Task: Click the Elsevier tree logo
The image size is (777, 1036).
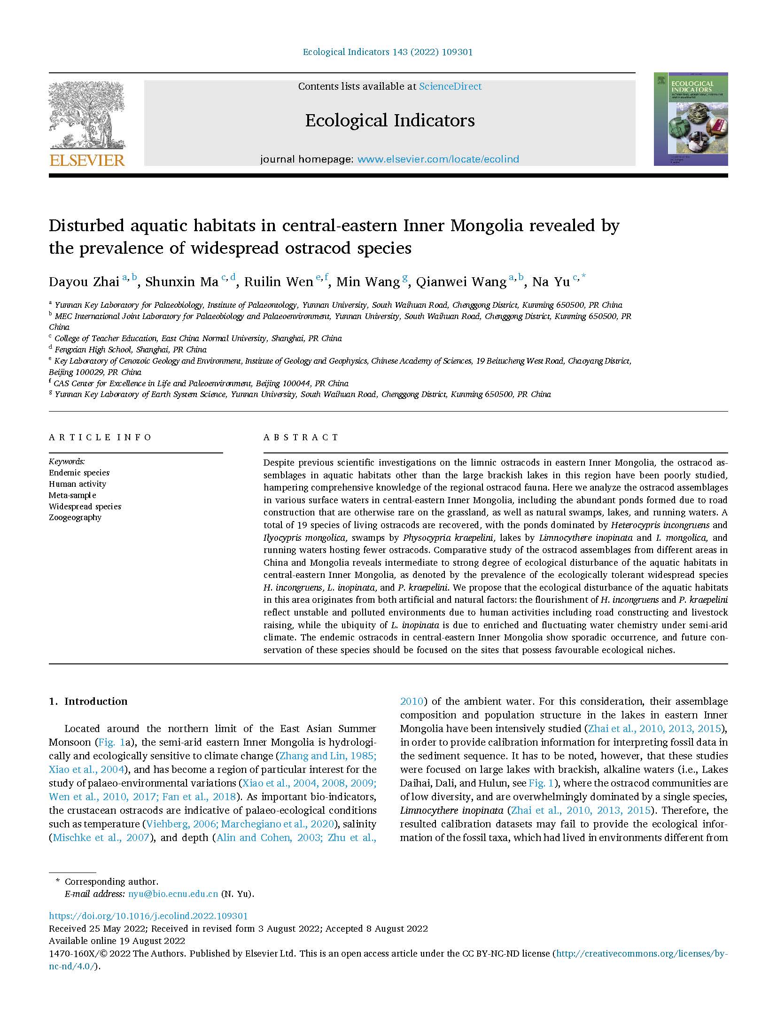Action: click(86, 115)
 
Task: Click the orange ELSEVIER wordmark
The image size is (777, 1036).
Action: click(87, 160)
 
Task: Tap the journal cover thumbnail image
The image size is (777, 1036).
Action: click(691, 119)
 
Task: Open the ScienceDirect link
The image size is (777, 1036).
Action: click(450, 86)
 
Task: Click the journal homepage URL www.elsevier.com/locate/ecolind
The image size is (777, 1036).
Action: click(438, 159)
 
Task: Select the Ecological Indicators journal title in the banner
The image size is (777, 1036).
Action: click(389, 121)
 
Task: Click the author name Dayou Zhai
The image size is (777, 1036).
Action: click(84, 282)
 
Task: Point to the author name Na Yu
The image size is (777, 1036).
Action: click(551, 282)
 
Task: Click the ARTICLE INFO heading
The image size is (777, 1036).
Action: click(100, 437)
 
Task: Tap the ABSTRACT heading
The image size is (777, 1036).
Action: click(301, 437)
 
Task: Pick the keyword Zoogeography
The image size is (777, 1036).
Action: click(75, 517)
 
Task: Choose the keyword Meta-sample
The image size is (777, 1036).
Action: click(72, 495)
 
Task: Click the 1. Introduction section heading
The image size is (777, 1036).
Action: click(88, 701)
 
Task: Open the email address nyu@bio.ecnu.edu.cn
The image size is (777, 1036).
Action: click(173, 894)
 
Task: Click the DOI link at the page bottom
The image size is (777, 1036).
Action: click(148, 916)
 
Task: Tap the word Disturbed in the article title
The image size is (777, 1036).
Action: click(86, 226)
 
